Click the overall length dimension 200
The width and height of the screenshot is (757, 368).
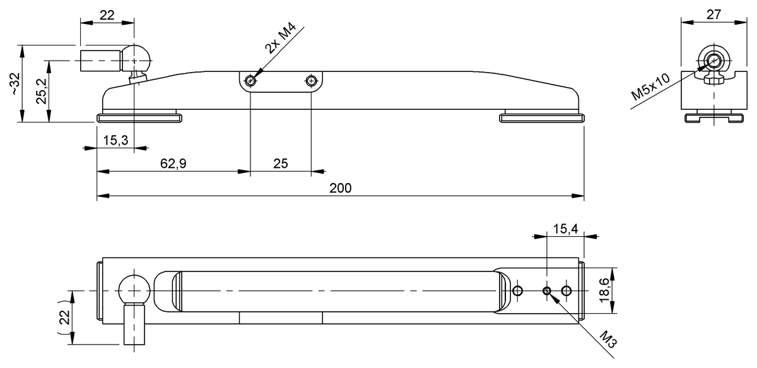pos(340,188)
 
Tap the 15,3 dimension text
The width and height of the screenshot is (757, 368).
pos(115,141)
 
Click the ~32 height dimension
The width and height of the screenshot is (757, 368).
pos(15,83)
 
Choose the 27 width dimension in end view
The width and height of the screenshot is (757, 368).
pos(713,14)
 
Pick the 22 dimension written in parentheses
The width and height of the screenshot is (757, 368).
pos(64,318)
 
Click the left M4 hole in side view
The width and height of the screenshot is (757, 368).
pos(250,81)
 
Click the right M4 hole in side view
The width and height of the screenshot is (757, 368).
pos(310,81)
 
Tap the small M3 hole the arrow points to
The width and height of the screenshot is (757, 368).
pos(547,290)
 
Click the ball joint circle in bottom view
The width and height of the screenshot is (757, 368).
pos(134,290)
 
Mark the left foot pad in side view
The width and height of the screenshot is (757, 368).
pos(139,117)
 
